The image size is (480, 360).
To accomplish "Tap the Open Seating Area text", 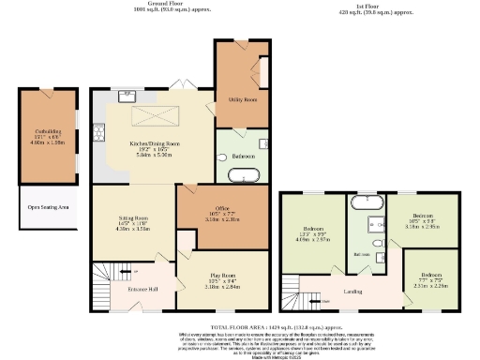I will pos(47,207).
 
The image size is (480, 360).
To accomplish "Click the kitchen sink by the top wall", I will pos(125,95).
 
